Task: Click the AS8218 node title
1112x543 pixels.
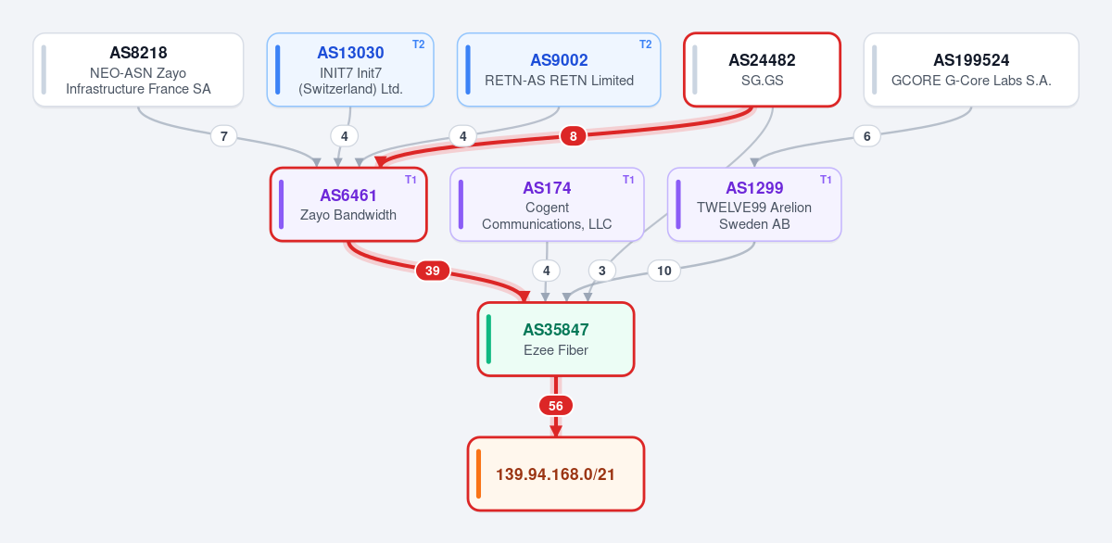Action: pyautogui.click(x=138, y=53)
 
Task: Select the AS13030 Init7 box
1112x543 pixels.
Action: pyautogui.click(x=350, y=69)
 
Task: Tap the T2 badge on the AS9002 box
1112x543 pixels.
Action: pyautogui.click(x=645, y=44)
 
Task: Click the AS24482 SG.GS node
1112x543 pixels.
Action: pyautogui.click(x=762, y=69)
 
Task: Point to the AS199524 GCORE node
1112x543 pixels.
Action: pyautogui.click(x=971, y=69)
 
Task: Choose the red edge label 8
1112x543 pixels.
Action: pyautogui.click(x=574, y=136)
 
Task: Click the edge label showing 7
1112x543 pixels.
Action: pyautogui.click(x=224, y=136)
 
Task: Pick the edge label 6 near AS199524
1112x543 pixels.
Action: pyautogui.click(x=866, y=136)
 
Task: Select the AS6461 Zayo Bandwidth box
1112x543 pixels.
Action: pyautogui.click(x=348, y=205)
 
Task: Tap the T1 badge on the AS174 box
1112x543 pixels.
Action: pyautogui.click(x=628, y=180)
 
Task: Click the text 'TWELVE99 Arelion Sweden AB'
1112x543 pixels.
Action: pyautogui.click(x=754, y=216)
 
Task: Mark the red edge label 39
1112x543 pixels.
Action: pyautogui.click(x=433, y=271)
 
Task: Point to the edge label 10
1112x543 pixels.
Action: pyautogui.click(x=663, y=271)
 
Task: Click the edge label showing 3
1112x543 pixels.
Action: pyautogui.click(x=602, y=271)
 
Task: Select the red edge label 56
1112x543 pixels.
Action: pyautogui.click(x=556, y=406)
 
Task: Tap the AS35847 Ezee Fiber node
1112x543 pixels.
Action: pyautogui.click(x=556, y=339)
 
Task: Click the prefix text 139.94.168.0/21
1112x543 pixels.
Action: pyautogui.click(x=555, y=474)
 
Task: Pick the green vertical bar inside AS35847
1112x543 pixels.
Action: pyautogui.click(x=488, y=339)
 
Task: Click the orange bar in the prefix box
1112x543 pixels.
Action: pyautogui.click(x=478, y=474)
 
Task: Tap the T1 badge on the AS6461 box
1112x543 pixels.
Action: pyautogui.click(x=411, y=180)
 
